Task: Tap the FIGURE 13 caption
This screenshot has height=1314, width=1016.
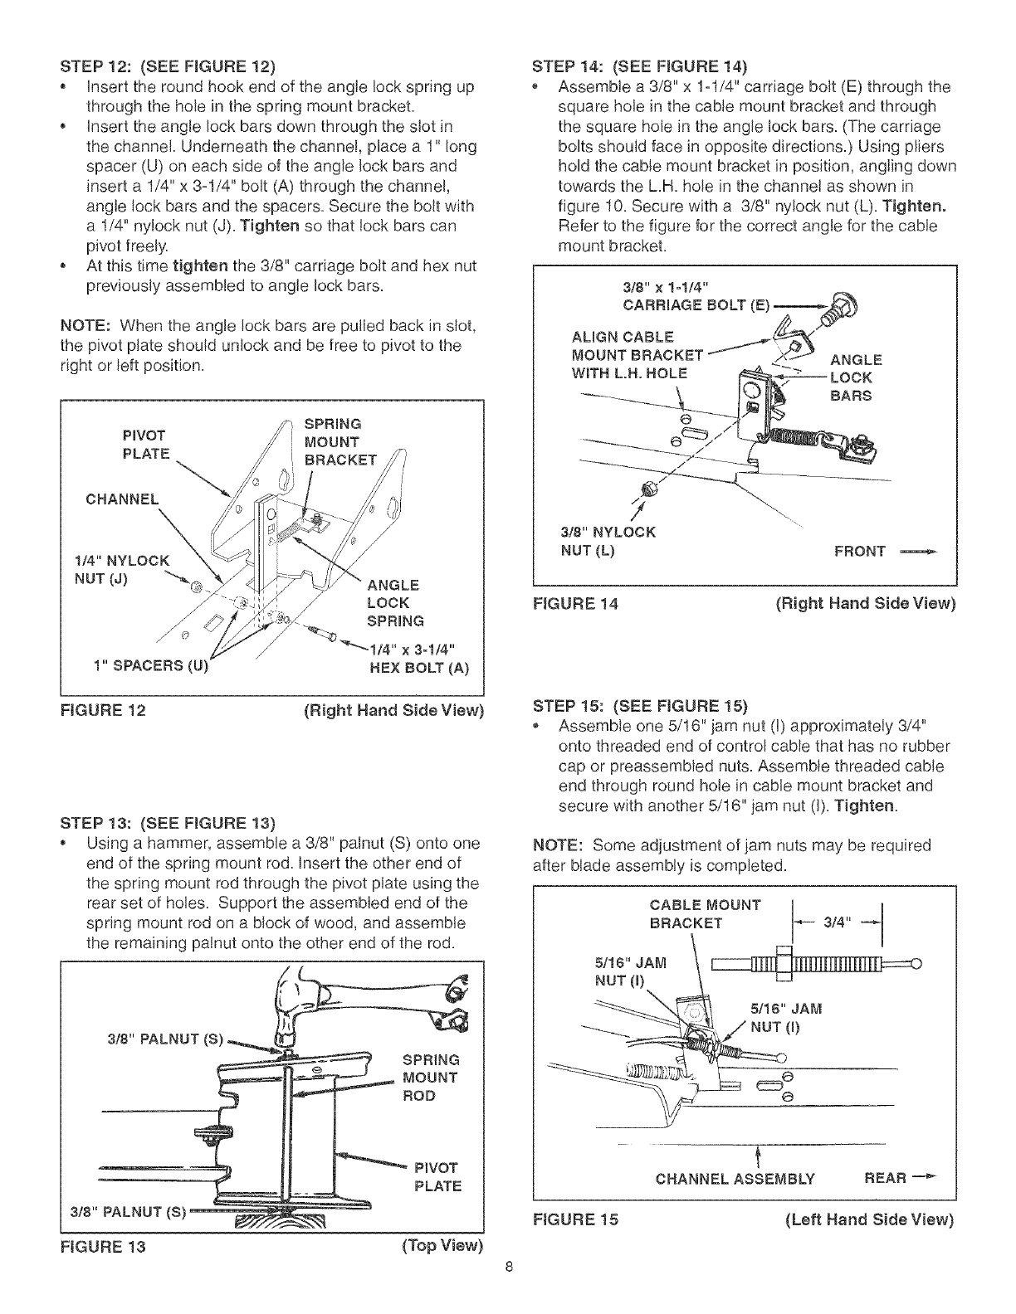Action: [104, 1246]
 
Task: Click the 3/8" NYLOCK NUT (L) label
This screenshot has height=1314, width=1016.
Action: [608, 541]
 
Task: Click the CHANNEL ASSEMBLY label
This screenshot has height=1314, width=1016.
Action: [735, 1179]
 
